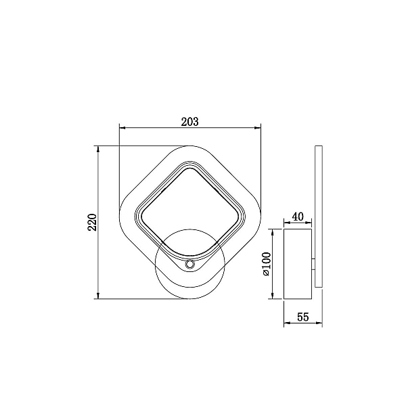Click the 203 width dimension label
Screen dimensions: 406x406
[189, 122]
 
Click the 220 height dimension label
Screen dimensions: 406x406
[92, 222]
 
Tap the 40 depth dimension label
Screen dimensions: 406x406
[298, 217]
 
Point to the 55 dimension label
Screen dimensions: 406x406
[303, 317]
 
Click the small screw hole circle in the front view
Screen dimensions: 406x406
[189, 265]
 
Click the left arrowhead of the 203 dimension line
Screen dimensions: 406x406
[122, 128]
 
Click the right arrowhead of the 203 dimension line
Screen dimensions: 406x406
[258, 128]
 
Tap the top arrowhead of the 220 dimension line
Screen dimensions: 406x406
[98, 149]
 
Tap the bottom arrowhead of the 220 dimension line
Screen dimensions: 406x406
[98, 296]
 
